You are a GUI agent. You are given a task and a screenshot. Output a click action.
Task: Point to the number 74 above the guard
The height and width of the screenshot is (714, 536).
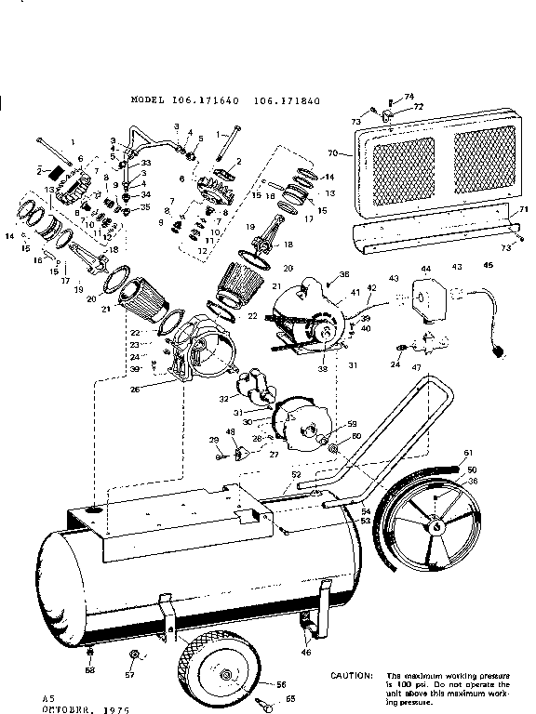tap(408, 97)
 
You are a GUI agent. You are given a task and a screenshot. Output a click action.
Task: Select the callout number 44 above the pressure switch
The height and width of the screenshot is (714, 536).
tap(426, 267)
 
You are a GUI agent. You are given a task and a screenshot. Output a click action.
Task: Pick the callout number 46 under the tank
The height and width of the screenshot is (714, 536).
tap(307, 654)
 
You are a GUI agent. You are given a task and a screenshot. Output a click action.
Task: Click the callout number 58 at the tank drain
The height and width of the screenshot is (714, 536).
tap(89, 669)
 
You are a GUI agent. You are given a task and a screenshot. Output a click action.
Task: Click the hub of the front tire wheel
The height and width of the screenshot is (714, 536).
tap(226, 677)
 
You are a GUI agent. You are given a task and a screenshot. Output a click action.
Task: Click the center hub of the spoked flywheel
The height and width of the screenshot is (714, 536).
tap(435, 526)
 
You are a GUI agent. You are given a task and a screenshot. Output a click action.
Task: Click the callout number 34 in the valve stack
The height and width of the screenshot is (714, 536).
tap(145, 194)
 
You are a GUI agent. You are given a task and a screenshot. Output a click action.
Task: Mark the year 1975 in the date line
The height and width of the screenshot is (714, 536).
tap(114, 708)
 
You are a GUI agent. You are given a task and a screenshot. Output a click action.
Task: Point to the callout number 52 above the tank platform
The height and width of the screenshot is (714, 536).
tap(295, 474)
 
